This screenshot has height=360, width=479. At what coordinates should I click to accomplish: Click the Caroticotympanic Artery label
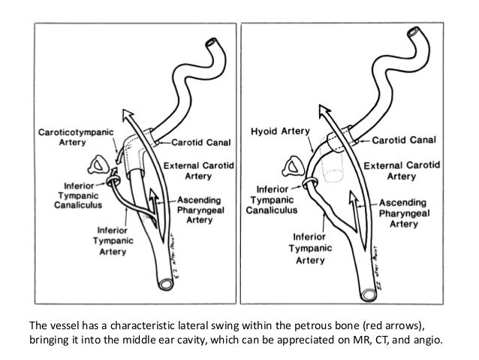(x=77, y=137)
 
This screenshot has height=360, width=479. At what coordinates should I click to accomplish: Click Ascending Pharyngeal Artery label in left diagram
(x=208, y=210)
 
